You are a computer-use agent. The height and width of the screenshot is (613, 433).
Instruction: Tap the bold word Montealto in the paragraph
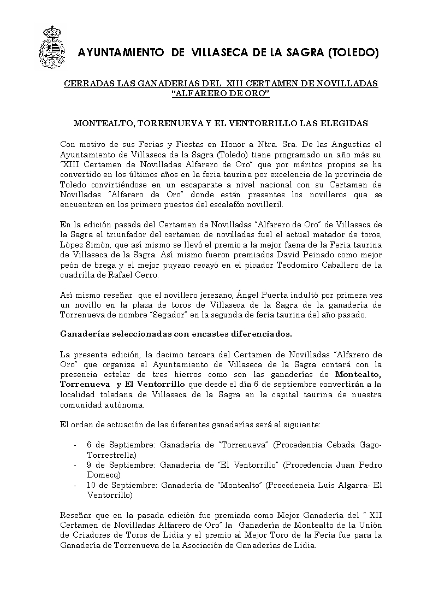(x=358, y=374)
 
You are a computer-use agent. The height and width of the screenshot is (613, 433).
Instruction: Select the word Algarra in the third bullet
(x=350, y=485)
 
